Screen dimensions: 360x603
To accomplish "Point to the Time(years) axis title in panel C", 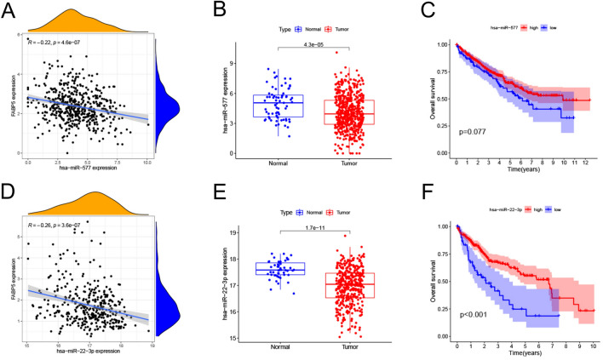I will click(525, 170).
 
